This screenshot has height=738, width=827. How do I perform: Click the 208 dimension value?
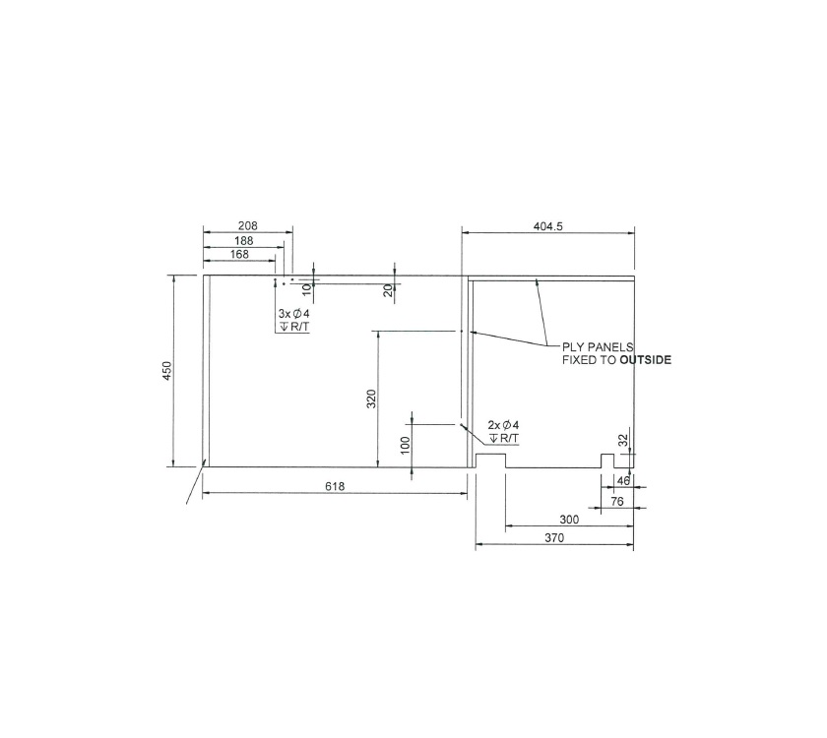pyautogui.click(x=247, y=225)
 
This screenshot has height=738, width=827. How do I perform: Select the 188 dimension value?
pyautogui.click(x=243, y=240)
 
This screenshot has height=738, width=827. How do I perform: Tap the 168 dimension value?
pyautogui.click(x=238, y=254)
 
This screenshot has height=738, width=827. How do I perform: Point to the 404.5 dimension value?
pyautogui.click(x=547, y=225)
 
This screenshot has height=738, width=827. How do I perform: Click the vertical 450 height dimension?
pyautogui.click(x=167, y=371)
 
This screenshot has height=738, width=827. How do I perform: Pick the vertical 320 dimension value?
pyautogui.click(x=372, y=399)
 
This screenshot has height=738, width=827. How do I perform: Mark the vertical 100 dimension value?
pyautogui.click(x=405, y=445)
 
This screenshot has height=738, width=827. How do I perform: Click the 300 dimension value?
pyautogui.click(x=569, y=519)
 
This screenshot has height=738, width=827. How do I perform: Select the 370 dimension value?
pyautogui.click(x=554, y=538)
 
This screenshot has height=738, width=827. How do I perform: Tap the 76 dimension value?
pyautogui.click(x=617, y=501)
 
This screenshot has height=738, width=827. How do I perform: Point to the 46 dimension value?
pyautogui.click(x=623, y=481)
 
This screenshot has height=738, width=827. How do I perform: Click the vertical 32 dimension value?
pyautogui.click(x=622, y=441)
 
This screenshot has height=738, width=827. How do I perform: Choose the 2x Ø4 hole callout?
pyautogui.click(x=503, y=425)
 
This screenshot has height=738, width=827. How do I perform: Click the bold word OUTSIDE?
pyautogui.click(x=646, y=360)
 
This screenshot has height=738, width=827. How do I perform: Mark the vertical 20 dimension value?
pyautogui.click(x=388, y=290)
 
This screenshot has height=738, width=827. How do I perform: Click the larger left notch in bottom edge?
pyautogui.click(x=490, y=461)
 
